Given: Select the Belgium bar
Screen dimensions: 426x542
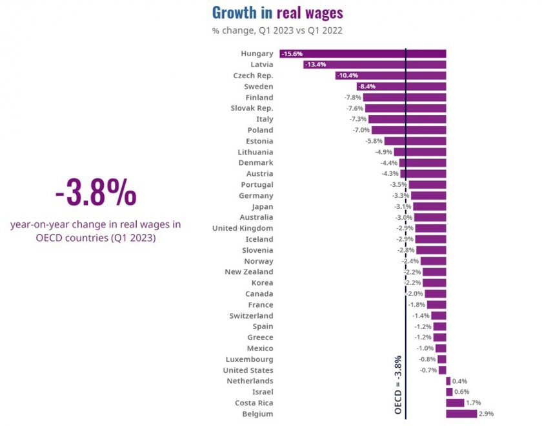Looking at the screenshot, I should [461, 414].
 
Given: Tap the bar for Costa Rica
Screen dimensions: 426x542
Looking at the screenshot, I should [454, 403].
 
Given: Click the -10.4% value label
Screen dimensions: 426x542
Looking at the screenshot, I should [347, 76].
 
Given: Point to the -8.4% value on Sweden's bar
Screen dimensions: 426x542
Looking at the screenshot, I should [366, 87].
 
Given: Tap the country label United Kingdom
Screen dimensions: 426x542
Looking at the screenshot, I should [243, 228].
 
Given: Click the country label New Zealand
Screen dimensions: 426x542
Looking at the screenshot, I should [248, 272].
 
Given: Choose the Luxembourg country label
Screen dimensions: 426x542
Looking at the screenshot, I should [249, 359].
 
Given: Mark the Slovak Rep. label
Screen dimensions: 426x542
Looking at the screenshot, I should [252, 108].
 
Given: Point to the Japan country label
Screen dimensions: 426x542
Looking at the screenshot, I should [262, 206].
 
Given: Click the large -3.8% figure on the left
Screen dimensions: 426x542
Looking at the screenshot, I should [95, 193].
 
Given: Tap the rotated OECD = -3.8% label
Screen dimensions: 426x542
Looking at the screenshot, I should [398, 385].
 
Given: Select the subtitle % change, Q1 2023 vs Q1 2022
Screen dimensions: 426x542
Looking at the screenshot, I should [277, 30].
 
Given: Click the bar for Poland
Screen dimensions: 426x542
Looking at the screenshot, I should [409, 130].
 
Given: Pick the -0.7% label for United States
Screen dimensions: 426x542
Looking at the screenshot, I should [428, 370].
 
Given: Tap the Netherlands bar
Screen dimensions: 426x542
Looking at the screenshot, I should [448, 381].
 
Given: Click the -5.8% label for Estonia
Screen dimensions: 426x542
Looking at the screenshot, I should [374, 141].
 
